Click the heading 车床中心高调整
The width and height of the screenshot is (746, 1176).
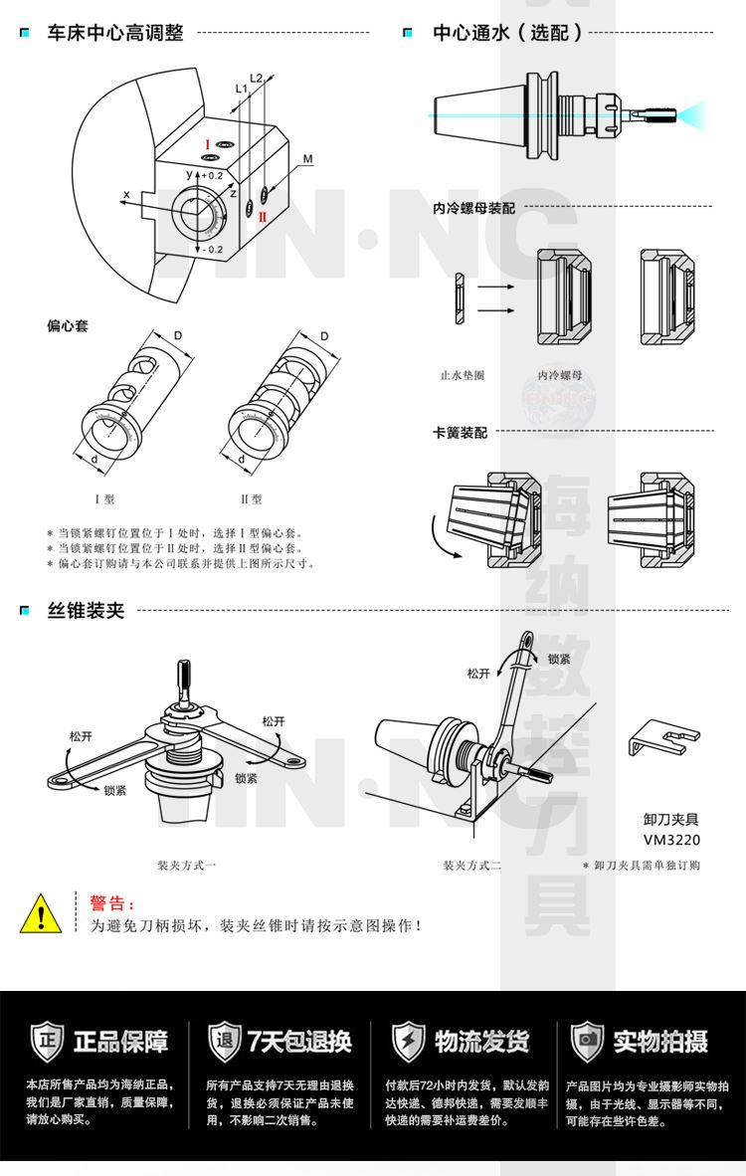pyautogui.click(x=115, y=34)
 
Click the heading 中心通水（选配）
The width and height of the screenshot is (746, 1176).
pyautogui.click(x=507, y=34)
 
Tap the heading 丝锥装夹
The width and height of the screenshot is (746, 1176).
pyautogui.click(x=87, y=610)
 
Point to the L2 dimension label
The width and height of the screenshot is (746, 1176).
pyautogui.click(x=256, y=78)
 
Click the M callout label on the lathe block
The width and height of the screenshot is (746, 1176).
pyautogui.click(x=307, y=159)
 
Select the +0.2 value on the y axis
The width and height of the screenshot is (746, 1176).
pyautogui.click(x=210, y=174)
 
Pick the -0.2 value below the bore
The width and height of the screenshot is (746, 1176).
pyautogui.click(x=210, y=249)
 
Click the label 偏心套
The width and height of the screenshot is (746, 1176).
pyautogui.click(x=68, y=325)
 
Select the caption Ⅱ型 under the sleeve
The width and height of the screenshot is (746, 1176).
pyautogui.click(x=251, y=498)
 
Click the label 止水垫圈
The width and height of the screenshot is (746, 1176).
pyautogui.click(x=463, y=376)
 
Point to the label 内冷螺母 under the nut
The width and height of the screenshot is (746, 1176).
pyautogui.click(x=560, y=376)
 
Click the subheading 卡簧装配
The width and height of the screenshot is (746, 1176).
pyautogui.click(x=460, y=433)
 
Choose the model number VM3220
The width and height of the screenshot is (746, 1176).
pyautogui.click(x=671, y=839)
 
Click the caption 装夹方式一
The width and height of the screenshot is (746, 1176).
pyautogui.click(x=186, y=866)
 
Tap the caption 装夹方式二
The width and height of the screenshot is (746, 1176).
pyautogui.click(x=472, y=866)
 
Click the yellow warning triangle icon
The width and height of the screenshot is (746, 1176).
pyautogui.click(x=41, y=912)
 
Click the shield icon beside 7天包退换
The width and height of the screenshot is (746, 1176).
pyautogui.click(x=224, y=1041)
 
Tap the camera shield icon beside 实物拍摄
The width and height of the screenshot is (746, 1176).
pyautogui.click(x=587, y=1041)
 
